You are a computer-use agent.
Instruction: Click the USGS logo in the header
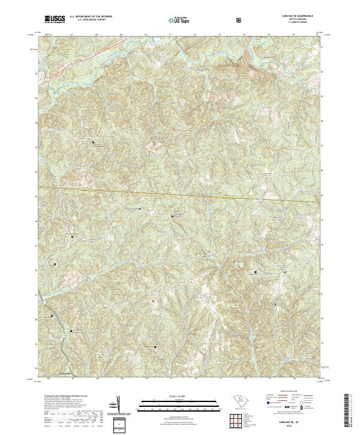point(55,19)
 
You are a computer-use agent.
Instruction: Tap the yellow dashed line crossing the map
point(180,194)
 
